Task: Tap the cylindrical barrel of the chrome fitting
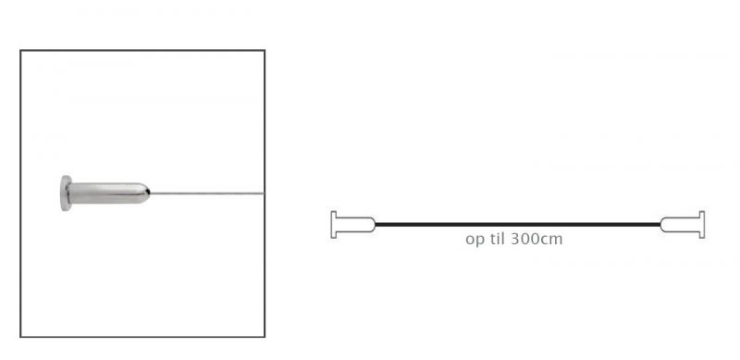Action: [x=106, y=193]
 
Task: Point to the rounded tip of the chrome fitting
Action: [x=145, y=193]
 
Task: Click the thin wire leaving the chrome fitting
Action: [x=208, y=193]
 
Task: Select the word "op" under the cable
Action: [x=473, y=239]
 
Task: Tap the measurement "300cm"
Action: [x=536, y=238]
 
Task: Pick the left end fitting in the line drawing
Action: [x=352, y=225]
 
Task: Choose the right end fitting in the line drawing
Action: [x=684, y=225]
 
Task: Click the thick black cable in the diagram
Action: [x=518, y=225]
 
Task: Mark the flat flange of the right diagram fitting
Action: [x=703, y=225]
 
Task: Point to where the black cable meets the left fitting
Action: [x=376, y=225]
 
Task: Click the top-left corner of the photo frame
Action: [x=21, y=52]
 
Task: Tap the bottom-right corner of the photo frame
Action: [x=264, y=336]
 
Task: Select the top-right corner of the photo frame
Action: [x=264, y=52]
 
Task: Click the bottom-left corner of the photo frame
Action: [x=21, y=336]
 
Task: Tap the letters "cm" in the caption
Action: [x=551, y=239]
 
